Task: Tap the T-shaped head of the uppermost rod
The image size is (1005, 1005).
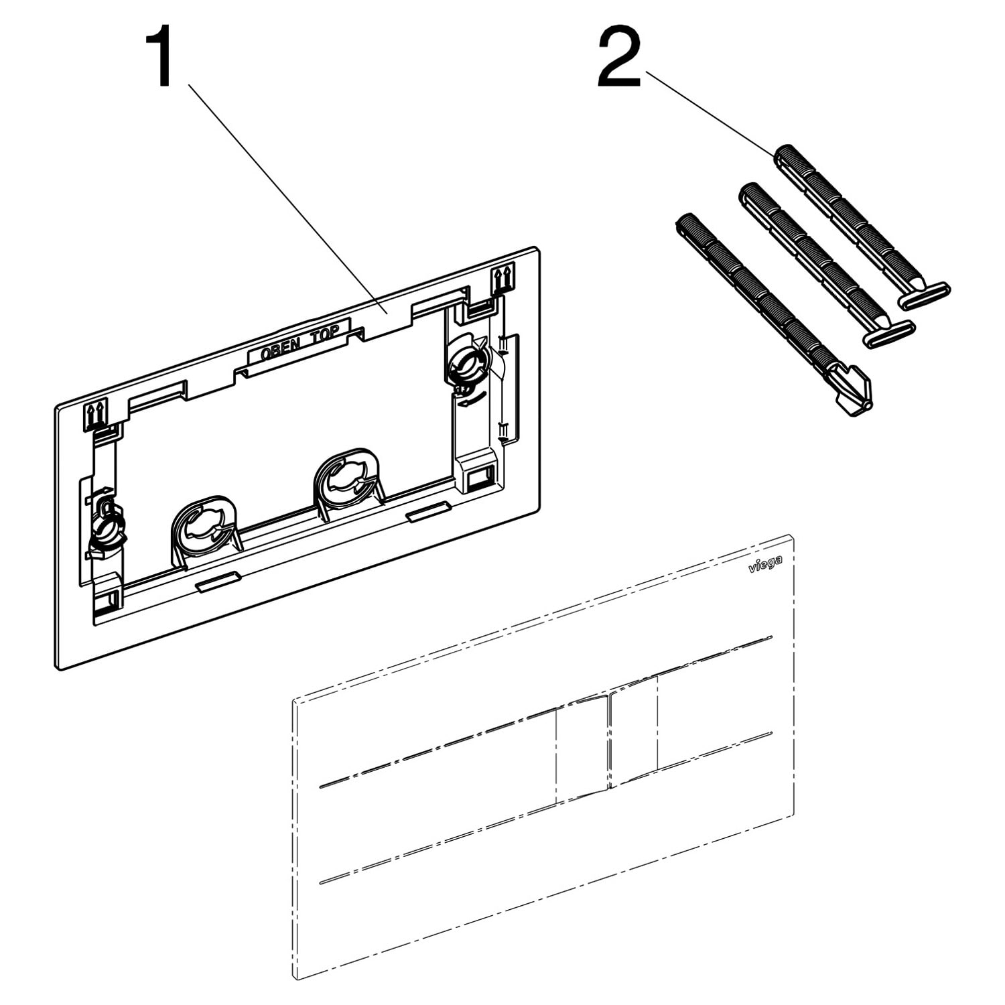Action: tap(923, 296)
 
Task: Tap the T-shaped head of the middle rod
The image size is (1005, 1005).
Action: tap(888, 334)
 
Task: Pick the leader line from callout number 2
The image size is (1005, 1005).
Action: tap(710, 111)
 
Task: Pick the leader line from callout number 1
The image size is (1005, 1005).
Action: tap(286, 198)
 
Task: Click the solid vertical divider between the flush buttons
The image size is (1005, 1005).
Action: tap(608, 742)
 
